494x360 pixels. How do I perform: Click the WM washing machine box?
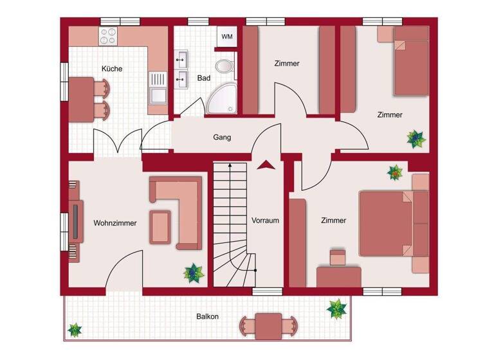[x=227, y=37]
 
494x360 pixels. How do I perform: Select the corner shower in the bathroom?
[x=223, y=100]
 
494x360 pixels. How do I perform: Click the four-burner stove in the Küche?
[x=107, y=36]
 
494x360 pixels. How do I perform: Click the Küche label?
[x=111, y=69]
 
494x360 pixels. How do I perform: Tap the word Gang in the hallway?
[x=222, y=137]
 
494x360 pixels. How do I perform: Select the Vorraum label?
[x=265, y=221]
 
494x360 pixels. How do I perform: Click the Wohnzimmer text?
[x=115, y=223]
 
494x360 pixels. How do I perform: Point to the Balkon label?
[x=208, y=316]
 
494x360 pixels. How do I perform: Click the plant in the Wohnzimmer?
[x=192, y=273]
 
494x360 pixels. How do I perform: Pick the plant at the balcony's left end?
[x=75, y=330]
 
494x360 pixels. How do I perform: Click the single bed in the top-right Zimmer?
[x=410, y=60]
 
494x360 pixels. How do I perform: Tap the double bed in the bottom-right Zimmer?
[x=387, y=222]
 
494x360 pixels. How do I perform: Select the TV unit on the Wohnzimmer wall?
[x=76, y=221]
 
